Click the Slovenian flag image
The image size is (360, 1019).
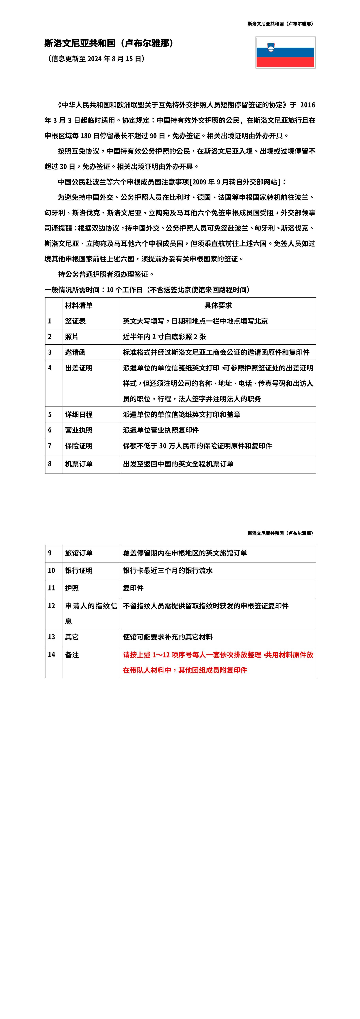285,52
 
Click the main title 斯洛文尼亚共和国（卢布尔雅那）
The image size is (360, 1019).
109,43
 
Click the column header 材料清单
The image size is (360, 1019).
79,305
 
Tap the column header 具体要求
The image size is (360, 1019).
218,305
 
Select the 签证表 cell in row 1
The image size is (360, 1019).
75,321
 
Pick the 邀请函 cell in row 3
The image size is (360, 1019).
75,352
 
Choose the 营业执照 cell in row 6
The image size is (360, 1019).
79,430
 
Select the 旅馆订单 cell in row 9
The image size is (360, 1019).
79,553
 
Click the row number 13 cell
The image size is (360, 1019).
51,637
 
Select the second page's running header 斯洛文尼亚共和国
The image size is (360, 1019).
280,533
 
